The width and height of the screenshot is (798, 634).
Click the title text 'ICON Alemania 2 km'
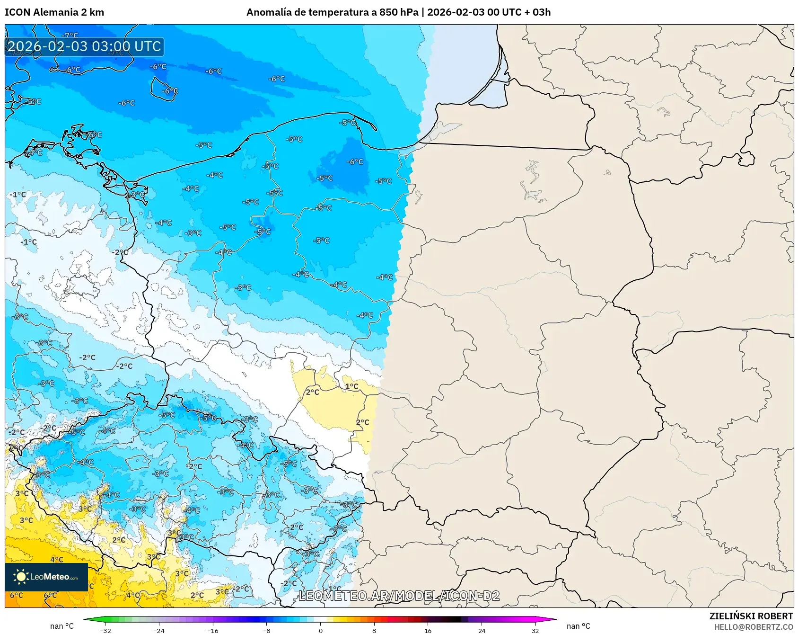54,12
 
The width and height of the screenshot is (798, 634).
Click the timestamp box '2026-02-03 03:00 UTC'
84,46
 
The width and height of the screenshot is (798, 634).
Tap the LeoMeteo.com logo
46,577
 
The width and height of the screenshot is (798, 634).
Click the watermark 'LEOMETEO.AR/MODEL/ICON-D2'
399,596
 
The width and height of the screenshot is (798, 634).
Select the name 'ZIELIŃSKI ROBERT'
751,616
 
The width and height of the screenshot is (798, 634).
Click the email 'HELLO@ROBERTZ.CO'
753,627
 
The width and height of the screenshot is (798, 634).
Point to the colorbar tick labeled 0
320,630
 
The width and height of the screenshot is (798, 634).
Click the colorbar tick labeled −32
105,630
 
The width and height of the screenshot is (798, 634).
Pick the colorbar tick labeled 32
535,630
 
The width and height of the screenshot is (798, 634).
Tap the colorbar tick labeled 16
428,630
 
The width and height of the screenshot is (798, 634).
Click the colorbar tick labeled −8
267,630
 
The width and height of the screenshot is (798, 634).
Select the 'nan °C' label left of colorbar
62,626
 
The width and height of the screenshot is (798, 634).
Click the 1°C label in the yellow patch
351,386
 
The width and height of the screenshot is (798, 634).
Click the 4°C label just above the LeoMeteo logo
57,559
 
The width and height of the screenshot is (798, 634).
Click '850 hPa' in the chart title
399,12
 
